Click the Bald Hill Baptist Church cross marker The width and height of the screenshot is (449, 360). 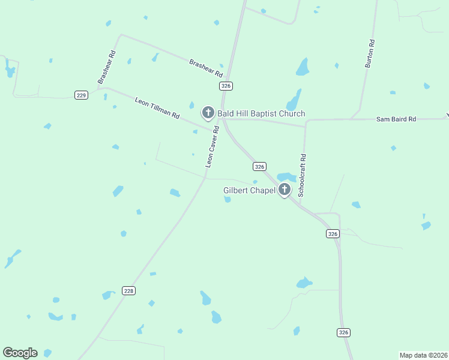coord(208,113)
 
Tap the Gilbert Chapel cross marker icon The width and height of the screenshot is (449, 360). coord(285,190)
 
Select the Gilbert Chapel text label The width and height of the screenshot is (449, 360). coord(249,190)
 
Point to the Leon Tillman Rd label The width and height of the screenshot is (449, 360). coord(157,107)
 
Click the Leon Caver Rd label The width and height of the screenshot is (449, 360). coord(211,150)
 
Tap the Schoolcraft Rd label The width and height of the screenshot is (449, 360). coord(303,175)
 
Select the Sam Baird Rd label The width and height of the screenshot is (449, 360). coord(396,119)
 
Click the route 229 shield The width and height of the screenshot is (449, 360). coord(82,95)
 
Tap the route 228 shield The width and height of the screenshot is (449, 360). coord(128,290)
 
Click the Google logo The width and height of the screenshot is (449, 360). coord(20,352)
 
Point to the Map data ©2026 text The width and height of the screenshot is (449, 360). coord(423,355)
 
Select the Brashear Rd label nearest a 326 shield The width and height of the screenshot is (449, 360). coord(206,67)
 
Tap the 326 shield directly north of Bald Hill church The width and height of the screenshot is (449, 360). coord(226,86)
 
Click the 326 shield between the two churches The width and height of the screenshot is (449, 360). coord(259,166)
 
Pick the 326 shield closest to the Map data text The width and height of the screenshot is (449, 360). coord(343,332)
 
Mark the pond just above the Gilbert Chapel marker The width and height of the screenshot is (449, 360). coord(286,177)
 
